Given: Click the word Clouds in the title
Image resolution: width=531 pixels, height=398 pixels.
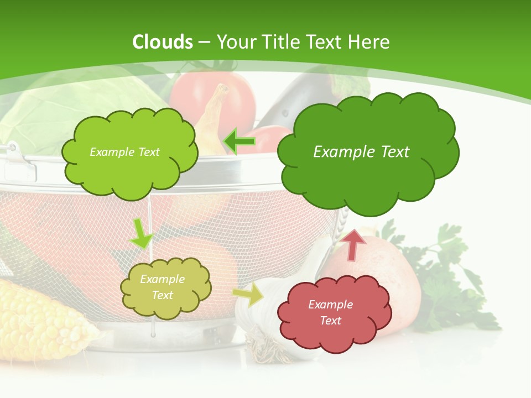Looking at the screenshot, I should (x=163, y=42).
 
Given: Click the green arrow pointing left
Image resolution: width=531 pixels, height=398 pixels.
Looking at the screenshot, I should (x=240, y=142).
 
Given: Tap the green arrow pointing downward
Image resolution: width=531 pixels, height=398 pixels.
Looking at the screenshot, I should (x=140, y=234).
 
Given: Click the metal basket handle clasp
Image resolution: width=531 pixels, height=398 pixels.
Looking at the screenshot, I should (x=17, y=160).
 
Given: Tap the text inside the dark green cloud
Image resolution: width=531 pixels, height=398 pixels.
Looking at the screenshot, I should (x=361, y=152).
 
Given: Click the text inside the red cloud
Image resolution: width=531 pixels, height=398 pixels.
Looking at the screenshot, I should (x=330, y=312).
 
